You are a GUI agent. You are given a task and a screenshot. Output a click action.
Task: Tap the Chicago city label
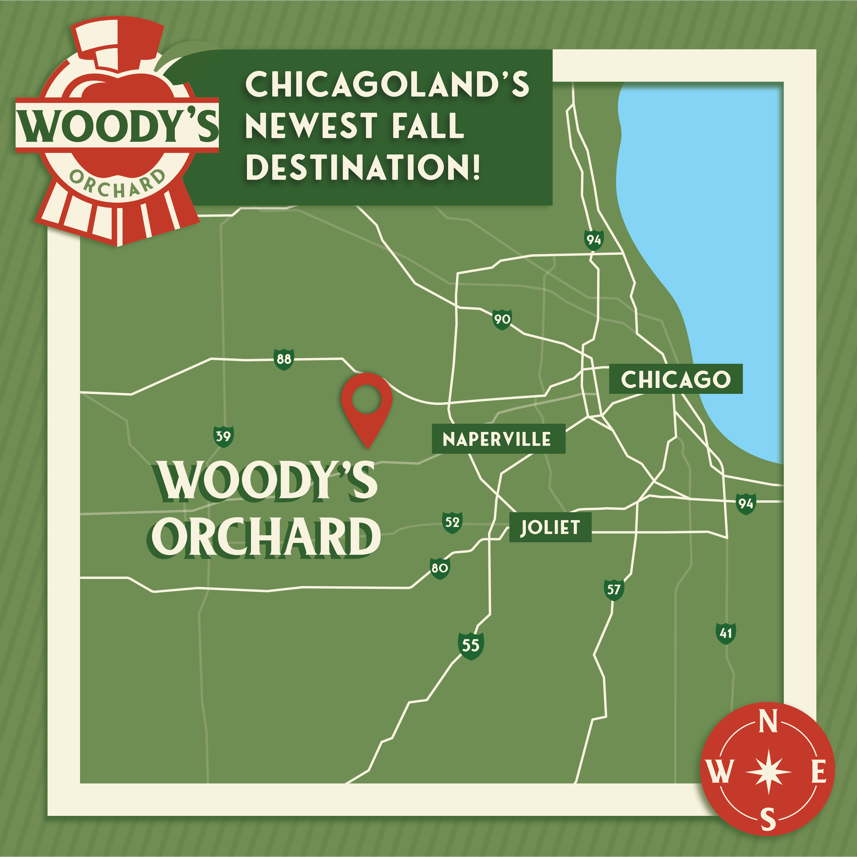click(x=675, y=379)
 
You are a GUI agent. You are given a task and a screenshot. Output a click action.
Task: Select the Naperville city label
click(x=498, y=439)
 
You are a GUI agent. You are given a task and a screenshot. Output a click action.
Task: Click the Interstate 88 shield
click(x=283, y=359)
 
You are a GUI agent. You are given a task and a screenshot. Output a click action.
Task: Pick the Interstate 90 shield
click(x=502, y=319)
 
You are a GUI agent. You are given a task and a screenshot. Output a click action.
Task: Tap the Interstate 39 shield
click(x=223, y=436)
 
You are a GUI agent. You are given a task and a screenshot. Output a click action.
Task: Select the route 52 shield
click(x=452, y=522)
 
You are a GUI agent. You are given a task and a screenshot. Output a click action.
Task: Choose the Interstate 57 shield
click(x=614, y=590)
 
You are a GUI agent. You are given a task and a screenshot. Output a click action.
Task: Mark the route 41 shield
click(x=726, y=633)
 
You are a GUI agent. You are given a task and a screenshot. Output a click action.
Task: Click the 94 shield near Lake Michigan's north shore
click(x=593, y=240)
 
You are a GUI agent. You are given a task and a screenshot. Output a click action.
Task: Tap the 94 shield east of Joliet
click(x=746, y=504)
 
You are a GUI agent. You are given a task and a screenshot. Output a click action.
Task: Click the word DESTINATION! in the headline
click(x=363, y=167)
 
